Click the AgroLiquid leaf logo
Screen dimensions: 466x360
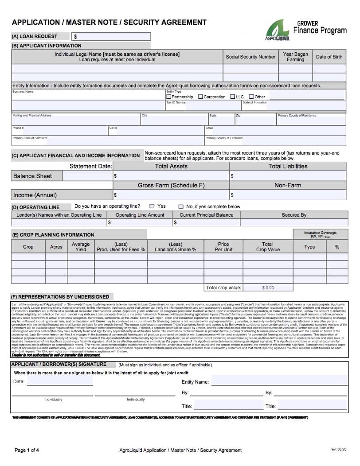(x=278, y=31)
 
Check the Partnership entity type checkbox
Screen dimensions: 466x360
(x=168, y=97)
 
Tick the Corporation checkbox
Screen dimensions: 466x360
(x=200, y=97)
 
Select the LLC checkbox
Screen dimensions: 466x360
(x=232, y=97)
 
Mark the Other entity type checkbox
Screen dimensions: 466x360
(x=251, y=97)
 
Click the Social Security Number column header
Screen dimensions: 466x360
(x=250, y=57)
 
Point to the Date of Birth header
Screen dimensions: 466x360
(x=329, y=57)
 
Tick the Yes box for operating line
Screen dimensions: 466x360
(x=152, y=206)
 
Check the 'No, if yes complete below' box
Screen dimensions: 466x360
(x=181, y=206)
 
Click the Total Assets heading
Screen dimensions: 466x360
(x=171, y=166)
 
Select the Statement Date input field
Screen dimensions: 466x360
(x=87, y=176)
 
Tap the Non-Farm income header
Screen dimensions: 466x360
(x=287, y=185)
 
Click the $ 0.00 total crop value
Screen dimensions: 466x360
(x=268, y=287)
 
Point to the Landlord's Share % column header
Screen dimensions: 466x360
(x=176, y=247)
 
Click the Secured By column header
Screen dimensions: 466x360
(x=294, y=215)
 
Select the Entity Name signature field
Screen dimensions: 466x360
(x=278, y=381)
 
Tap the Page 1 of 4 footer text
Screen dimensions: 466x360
(x=27, y=450)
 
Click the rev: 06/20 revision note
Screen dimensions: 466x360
(x=338, y=450)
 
